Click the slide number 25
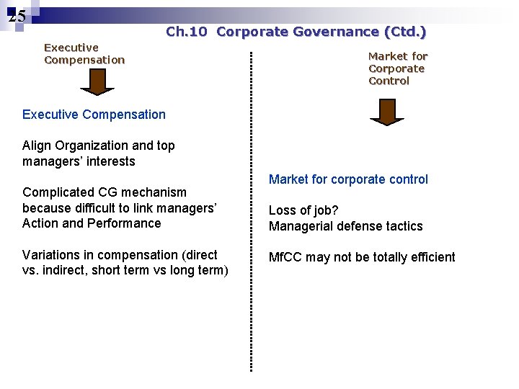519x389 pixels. coord(18,16)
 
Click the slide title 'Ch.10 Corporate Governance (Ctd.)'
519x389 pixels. coord(296,32)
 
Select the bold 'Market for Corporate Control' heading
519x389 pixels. coord(397,68)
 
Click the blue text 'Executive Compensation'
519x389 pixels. coord(94,115)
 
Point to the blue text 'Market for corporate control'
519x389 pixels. coord(348,179)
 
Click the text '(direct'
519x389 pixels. coord(200,255)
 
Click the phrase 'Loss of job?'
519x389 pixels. coord(303,210)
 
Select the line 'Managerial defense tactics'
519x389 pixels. coord(346,226)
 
